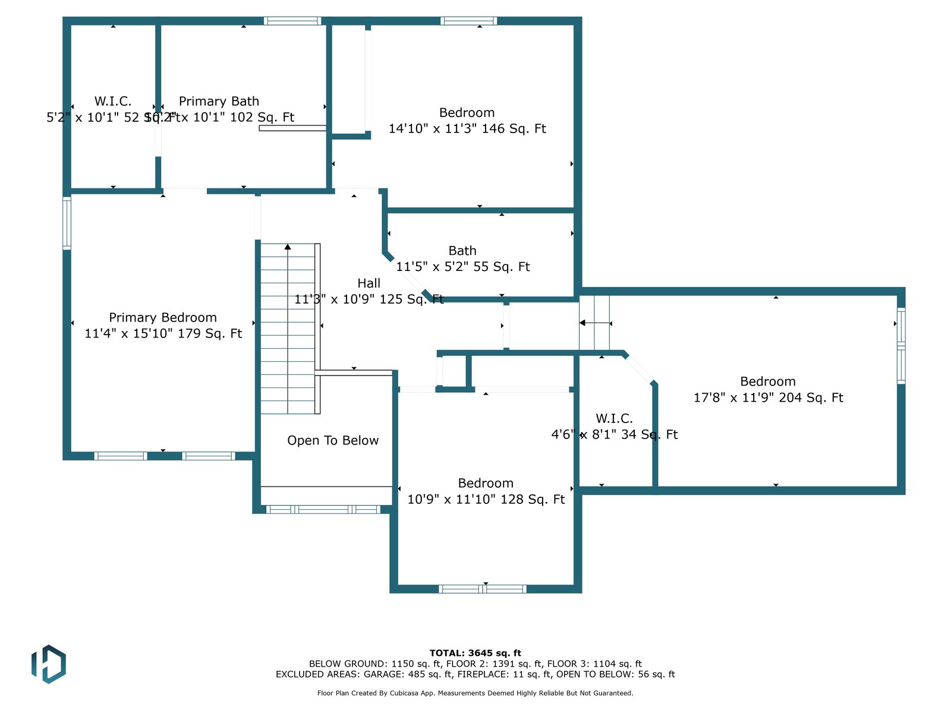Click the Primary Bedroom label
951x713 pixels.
(x=163, y=318)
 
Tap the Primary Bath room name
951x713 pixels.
(x=219, y=102)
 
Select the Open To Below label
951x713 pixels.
(x=333, y=440)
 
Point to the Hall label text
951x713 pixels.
(x=369, y=283)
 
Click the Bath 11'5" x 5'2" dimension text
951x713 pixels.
(x=463, y=267)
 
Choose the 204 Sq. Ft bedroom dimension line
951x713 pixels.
(x=768, y=397)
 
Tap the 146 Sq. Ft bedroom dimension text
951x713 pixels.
(x=467, y=129)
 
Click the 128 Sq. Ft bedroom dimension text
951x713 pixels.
(x=486, y=499)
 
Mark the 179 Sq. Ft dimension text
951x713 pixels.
(x=163, y=333)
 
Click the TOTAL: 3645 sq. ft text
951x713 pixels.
(x=475, y=653)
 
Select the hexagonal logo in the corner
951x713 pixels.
(x=49, y=664)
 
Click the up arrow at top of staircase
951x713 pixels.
(x=288, y=247)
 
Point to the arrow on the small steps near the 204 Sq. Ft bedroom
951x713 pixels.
(x=583, y=323)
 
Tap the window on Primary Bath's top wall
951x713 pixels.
(x=292, y=21)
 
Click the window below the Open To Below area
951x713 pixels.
(x=323, y=509)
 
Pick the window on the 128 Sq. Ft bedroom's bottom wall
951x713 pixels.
(x=483, y=589)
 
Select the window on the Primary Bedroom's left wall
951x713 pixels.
(x=67, y=223)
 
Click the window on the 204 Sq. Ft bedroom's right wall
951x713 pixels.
(x=901, y=345)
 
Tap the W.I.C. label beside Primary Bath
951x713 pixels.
(x=113, y=102)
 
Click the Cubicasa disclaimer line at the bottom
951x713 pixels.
(x=475, y=693)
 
